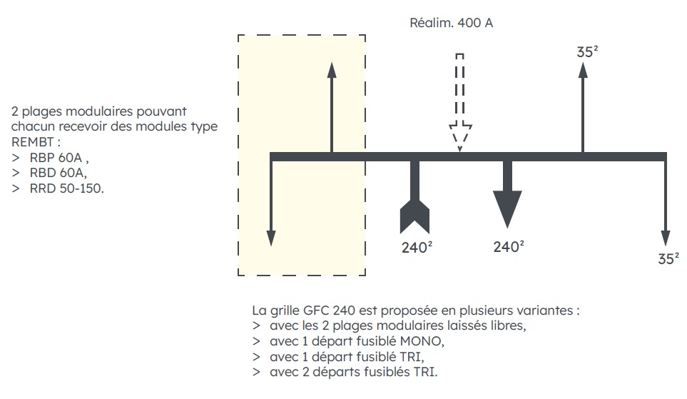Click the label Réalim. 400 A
pos(451,23)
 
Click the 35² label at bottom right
pos(668,258)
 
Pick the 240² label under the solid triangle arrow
pos(509,247)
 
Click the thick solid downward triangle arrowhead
pos(507,207)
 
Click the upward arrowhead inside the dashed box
pos(332,70)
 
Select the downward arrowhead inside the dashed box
pos(271,237)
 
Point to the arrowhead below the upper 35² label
pos(583,70)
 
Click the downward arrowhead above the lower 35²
pos(665,239)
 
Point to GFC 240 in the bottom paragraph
pos(325,310)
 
